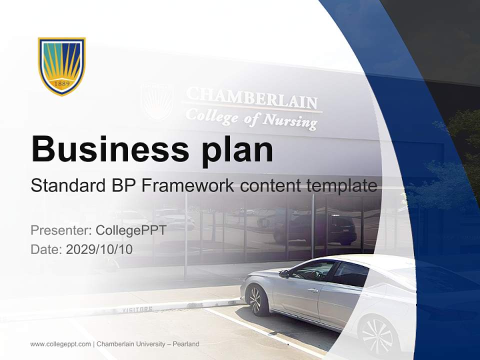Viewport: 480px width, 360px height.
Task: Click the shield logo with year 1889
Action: (x=62, y=65)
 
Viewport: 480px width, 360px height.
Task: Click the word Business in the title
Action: (x=109, y=149)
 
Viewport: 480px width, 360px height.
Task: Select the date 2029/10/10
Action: (x=99, y=249)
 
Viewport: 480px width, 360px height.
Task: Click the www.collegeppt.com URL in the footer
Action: (x=60, y=344)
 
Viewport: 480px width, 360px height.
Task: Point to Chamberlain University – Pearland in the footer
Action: (x=148, y=344)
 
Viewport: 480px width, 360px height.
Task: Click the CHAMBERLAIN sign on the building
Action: (x=252, y=98)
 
